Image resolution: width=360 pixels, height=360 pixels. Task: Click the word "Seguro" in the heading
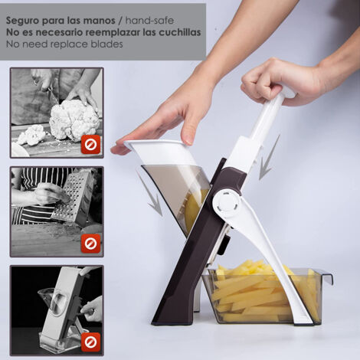[x=23, y=21]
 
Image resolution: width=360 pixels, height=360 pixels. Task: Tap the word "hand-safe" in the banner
[x=149, y=20]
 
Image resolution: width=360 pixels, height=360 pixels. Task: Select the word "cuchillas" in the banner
[x=180, y=32]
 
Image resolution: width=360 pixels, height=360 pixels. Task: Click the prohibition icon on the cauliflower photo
[x=91, y=145]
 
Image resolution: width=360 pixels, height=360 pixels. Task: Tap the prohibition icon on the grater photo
[x=91, y=244]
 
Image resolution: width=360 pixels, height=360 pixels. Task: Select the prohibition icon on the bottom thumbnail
[x=91, y=342]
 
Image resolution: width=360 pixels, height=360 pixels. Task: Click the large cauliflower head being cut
[x=74, y=120]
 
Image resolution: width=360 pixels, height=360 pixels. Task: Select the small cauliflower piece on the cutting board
[x=32, y=135]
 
